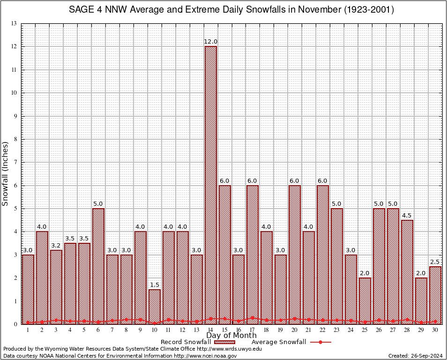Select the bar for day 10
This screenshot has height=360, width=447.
(155, 307)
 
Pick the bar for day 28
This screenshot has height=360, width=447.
(407, 272)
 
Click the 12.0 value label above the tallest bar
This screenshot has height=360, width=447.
(211, 42)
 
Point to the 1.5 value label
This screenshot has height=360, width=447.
(155, 285)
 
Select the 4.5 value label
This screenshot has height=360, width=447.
(407, 216)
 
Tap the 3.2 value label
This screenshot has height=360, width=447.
(56, 246)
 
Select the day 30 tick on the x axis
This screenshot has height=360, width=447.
(435, 330)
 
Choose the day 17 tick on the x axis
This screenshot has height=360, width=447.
(253, 330)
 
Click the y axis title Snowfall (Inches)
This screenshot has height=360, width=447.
(6, 173)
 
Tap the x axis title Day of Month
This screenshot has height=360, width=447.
(231, 336)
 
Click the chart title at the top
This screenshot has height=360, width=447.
(231, 9)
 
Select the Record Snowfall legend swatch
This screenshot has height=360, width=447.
(224, 342)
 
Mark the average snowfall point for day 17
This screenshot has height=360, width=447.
(253, 318)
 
